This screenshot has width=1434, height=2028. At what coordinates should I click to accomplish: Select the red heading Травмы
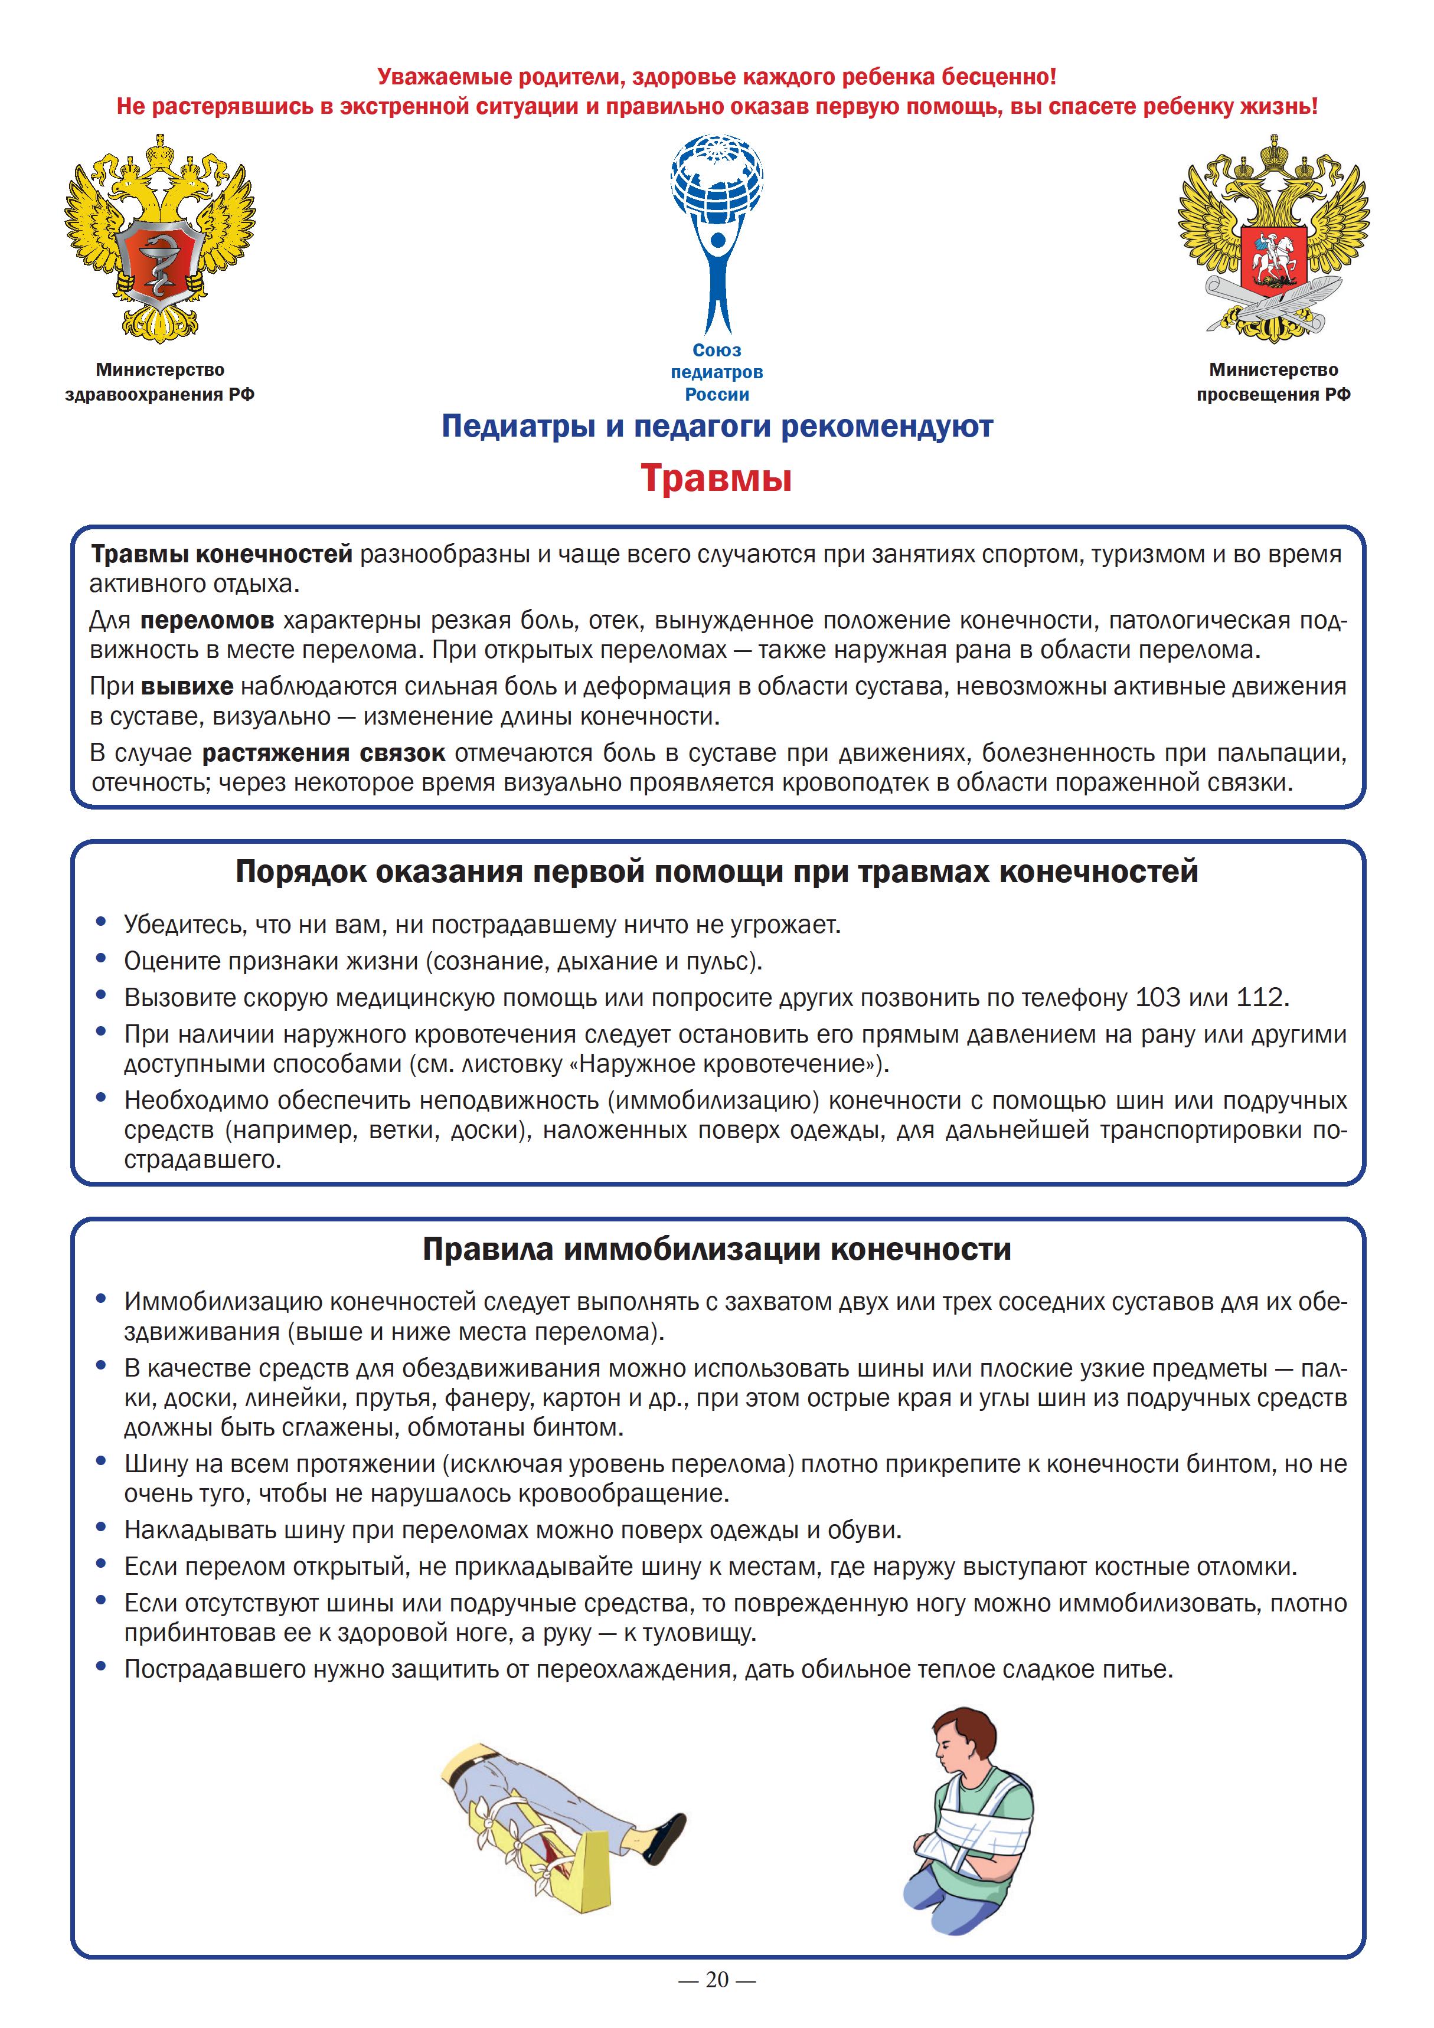pyautogui.click(x=716, y=479)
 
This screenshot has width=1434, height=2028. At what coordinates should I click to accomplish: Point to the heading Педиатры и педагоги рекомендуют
pyautogui.click(x=717, y=427)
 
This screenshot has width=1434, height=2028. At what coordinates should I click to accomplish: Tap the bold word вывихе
pyautogui.click(x=187, y=686)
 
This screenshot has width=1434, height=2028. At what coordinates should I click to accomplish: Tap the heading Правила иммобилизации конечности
pyautogui.click(x=717, y=1250)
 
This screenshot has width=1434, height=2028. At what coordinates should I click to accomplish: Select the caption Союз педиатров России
pyautogui.click(x=717, y=373)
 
